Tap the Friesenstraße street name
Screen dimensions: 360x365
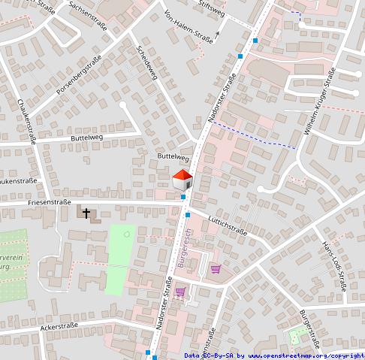click(x=49, y=202)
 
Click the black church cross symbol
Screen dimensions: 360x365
click(x=87, y=214)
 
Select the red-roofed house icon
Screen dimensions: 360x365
click(x=182, y=181)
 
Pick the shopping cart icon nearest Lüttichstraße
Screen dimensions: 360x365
click(x=216, y=269)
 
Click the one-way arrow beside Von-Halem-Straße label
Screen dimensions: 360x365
click(x=218, y=34)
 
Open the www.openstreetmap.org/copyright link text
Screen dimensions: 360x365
click(x=306, y=355)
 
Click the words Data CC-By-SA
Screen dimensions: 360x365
click(x=210, y=355)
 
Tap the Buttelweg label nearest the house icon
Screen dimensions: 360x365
click(x=172, y=157)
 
